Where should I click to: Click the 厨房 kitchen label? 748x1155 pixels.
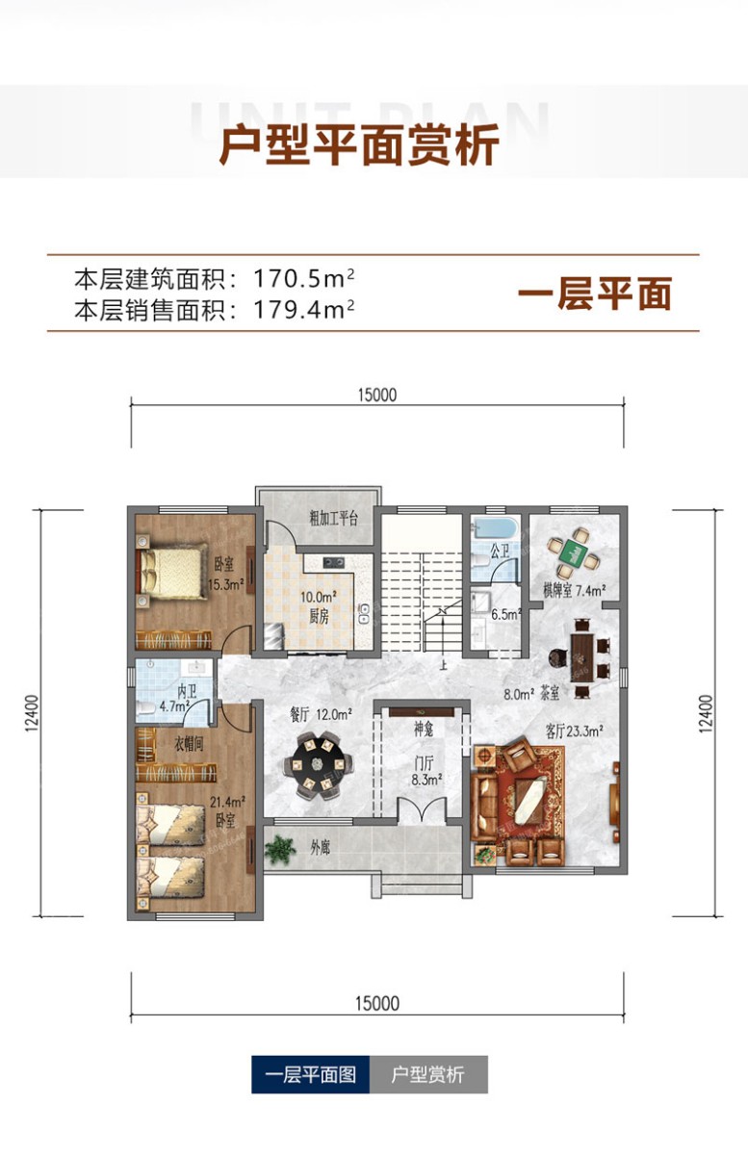pos(319,617)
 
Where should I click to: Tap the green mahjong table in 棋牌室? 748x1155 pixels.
pos(574,552)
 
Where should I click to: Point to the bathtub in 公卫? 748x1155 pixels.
pos(493,528)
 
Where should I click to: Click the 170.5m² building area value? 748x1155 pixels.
pos(304,279)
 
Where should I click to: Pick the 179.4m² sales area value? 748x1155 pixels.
pos(304,310)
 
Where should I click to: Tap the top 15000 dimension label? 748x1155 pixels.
pos(377,396)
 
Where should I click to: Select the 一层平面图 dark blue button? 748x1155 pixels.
pos(311,1074)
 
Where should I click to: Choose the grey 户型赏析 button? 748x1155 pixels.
pos(428,1074)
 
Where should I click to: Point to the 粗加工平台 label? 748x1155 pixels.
pos(333,518)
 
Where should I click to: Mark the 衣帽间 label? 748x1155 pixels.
pos(188,743)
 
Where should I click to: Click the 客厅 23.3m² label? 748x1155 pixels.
pos(575,731)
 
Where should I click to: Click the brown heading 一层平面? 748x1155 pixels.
pos(595,294)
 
